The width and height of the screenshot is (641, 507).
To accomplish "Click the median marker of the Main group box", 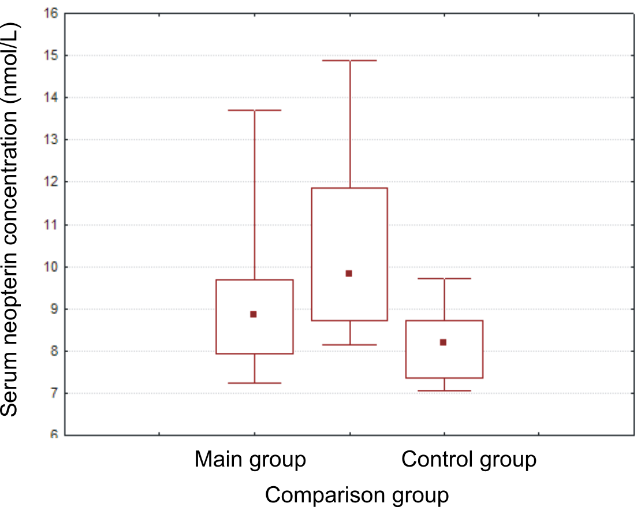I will click(254, 314).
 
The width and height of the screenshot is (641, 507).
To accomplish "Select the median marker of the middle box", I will click(349, 273).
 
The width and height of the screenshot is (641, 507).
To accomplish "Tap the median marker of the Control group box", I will click(443, 342).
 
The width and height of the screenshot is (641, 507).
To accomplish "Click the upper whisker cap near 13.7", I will click(255, 110).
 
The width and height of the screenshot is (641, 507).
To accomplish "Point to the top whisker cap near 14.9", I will click(349, 60).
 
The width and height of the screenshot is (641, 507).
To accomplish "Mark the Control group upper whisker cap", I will click(444, 278).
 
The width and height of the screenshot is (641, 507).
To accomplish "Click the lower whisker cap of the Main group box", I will click(255, 383).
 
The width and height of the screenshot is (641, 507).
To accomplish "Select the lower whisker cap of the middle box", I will click(349, 345).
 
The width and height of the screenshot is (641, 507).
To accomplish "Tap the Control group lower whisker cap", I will click(444, 390).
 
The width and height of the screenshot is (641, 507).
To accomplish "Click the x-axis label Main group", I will click(250, 460).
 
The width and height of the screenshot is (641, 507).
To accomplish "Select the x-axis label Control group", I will click(469, 460).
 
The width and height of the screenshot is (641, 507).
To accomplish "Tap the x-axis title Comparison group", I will click(357, 495).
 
